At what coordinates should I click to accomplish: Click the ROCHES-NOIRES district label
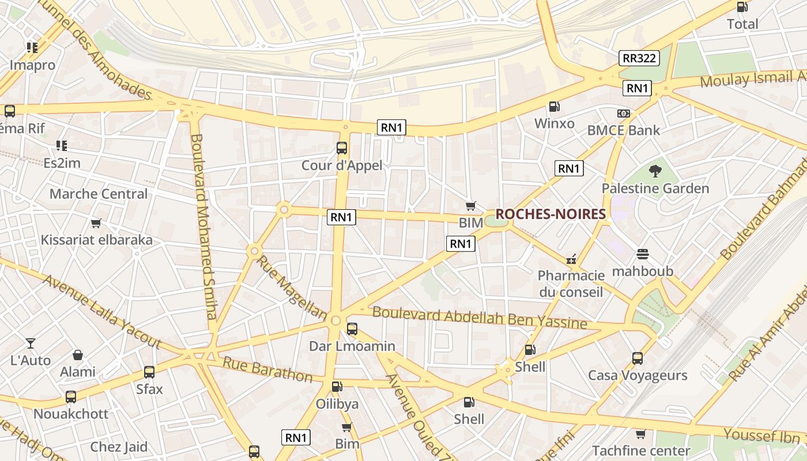(550, 214)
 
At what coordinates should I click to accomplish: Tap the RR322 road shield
(639, 58)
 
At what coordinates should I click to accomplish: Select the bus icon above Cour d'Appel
(342, 148)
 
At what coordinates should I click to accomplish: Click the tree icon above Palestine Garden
(655, 171)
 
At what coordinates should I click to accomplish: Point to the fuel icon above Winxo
(554, 107)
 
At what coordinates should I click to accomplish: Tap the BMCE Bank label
(623, 130)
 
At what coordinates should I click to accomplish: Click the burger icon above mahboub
(643, 254)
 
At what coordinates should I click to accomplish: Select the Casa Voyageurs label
(637, 376)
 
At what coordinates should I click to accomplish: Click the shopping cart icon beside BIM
(471, 206)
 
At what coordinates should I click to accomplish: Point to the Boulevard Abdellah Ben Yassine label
(480, 318)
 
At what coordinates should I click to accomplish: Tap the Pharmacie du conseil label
(571, 284)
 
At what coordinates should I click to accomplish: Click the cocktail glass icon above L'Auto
(31, 343)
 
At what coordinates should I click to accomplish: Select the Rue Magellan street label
(291, 287)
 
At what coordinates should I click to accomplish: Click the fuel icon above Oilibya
(337, 387)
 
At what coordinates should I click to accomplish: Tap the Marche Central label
(99, 194)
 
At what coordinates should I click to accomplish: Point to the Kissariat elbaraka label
(96, 240)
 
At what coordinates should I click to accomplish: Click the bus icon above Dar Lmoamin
(352, 329)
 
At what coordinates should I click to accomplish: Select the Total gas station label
(742, 24)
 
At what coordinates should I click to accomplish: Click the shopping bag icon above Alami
(78, 355)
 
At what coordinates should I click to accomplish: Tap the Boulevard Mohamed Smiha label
(204, 226)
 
